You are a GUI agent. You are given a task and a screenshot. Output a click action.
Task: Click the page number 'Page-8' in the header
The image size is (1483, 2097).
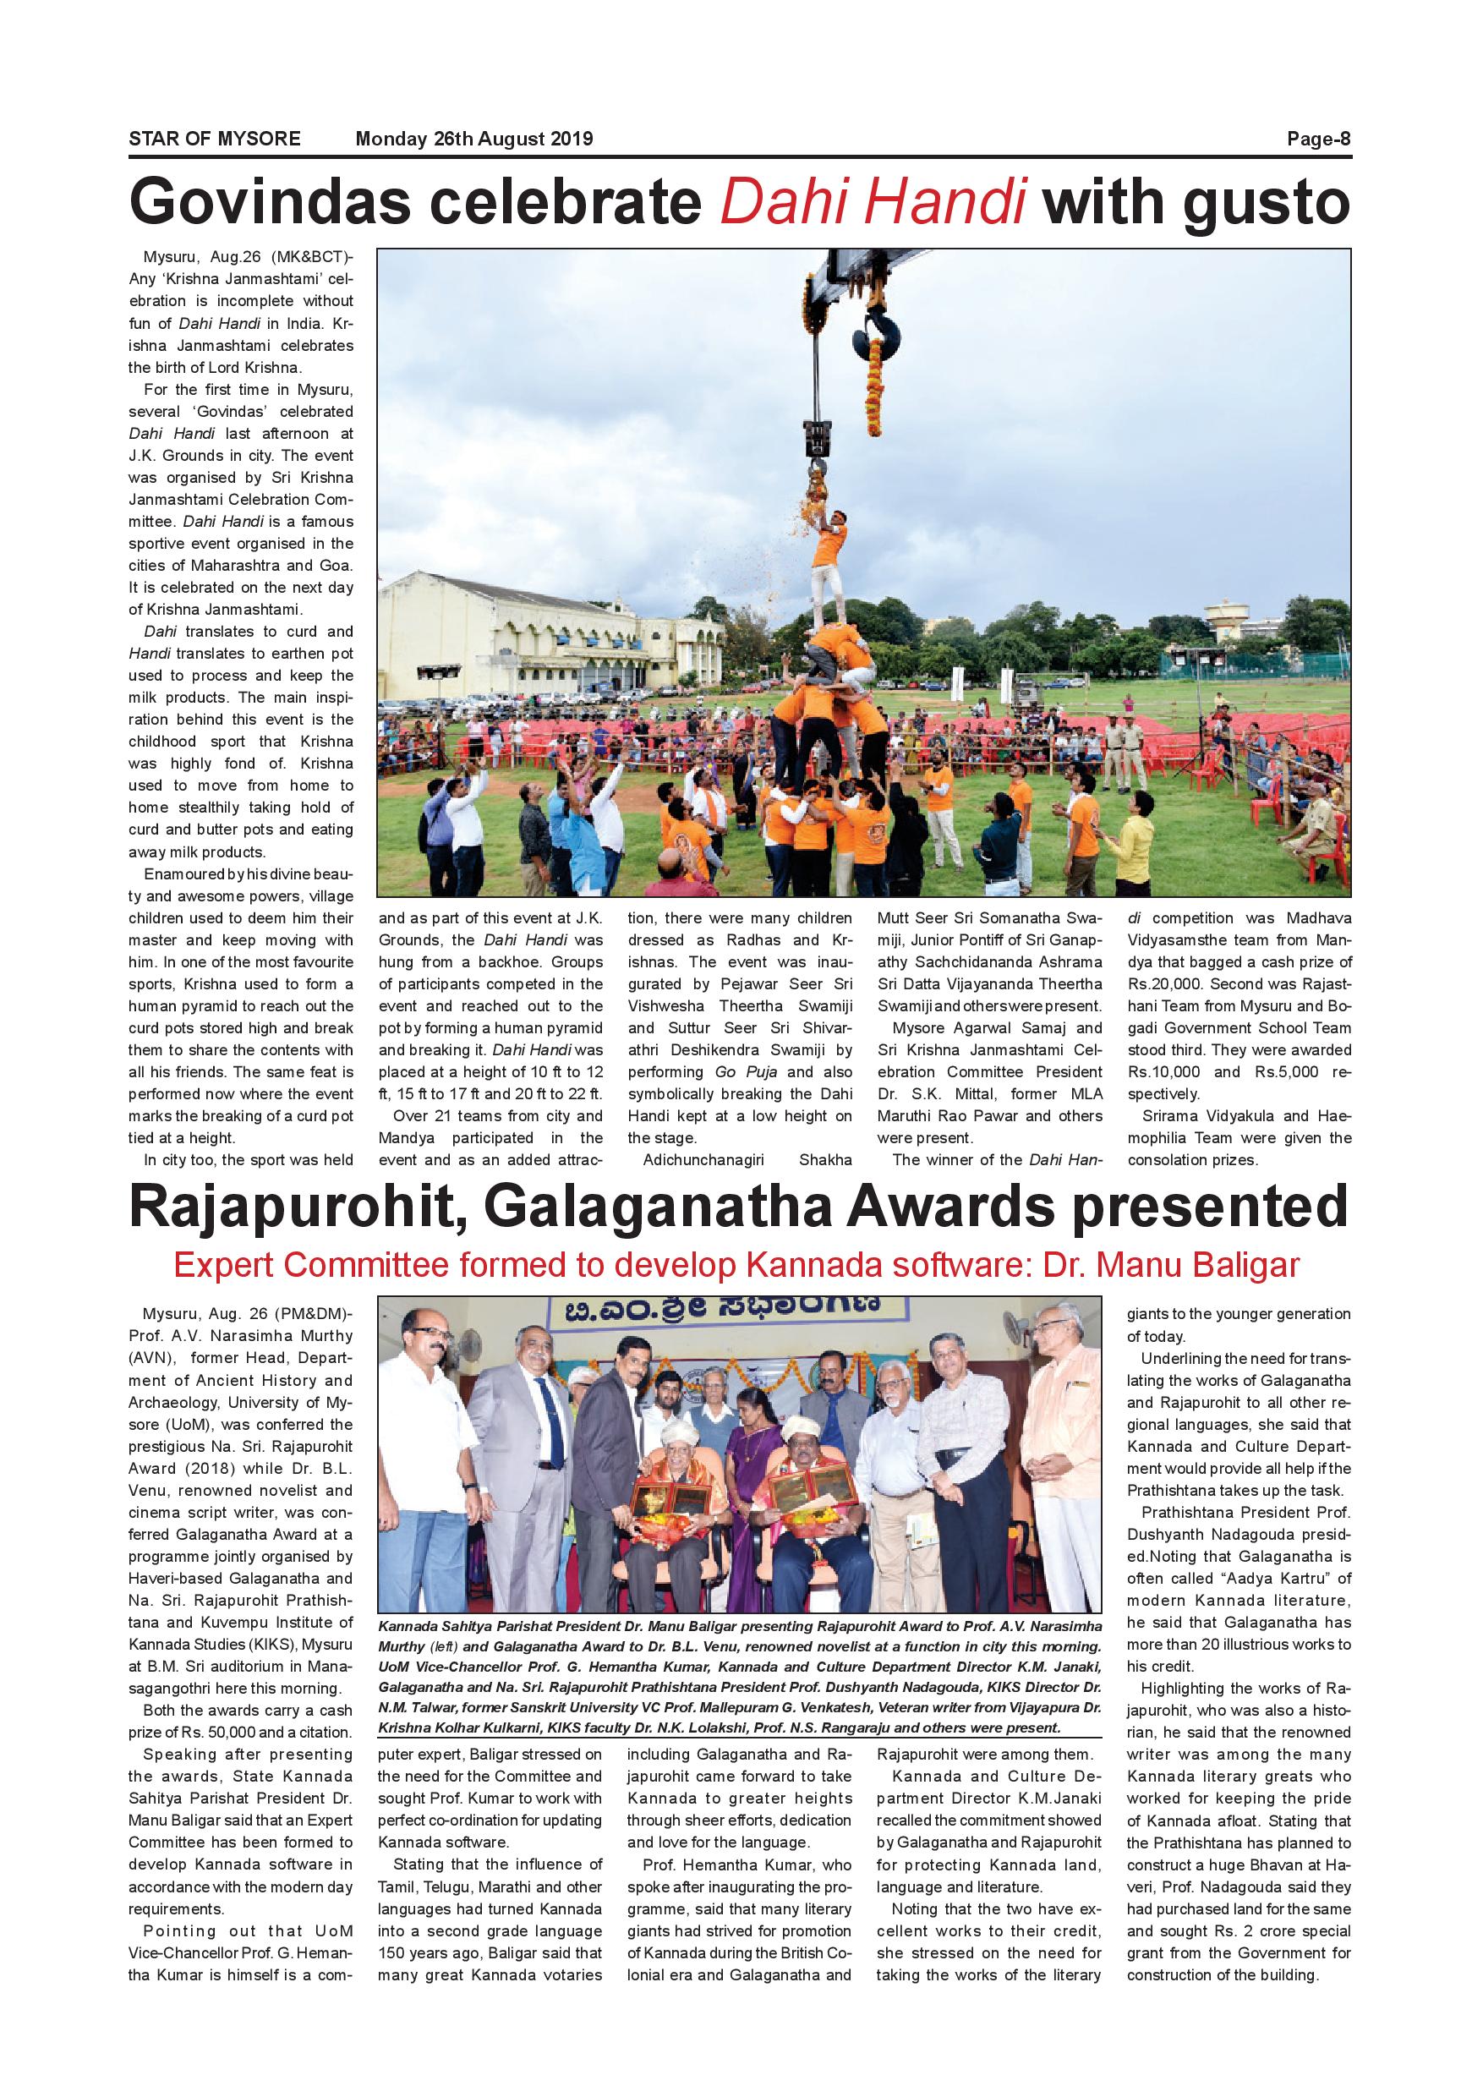[x=1318, y=139]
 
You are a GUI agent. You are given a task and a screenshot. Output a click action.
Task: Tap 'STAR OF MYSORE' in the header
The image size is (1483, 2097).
[x=215, y=139]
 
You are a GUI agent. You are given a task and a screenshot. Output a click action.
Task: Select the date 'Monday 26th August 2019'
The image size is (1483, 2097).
[x=474, y=139]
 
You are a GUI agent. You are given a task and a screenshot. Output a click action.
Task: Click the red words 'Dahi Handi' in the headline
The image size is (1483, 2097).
[x=873, y=202]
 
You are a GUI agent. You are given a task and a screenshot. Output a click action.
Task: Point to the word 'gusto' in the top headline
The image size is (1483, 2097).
[x=1266, y=202]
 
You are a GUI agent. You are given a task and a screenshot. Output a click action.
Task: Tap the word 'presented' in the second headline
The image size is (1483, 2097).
[x=1210, y=1207]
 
